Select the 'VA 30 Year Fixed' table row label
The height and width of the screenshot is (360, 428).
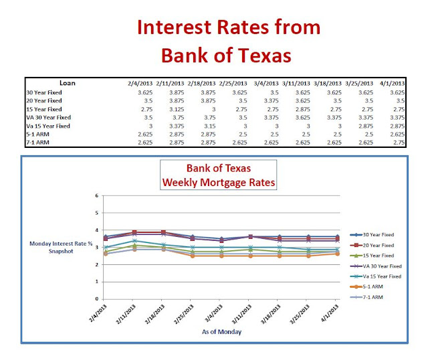pyautogui.click(x=48, y=116)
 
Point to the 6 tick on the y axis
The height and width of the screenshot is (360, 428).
pyautogui.click(x=98, y=196)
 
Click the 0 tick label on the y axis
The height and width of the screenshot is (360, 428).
pyautogui.click(x=98, y=299)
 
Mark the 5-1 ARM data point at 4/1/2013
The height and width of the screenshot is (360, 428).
pyautogui.click(x=337, y=254)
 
